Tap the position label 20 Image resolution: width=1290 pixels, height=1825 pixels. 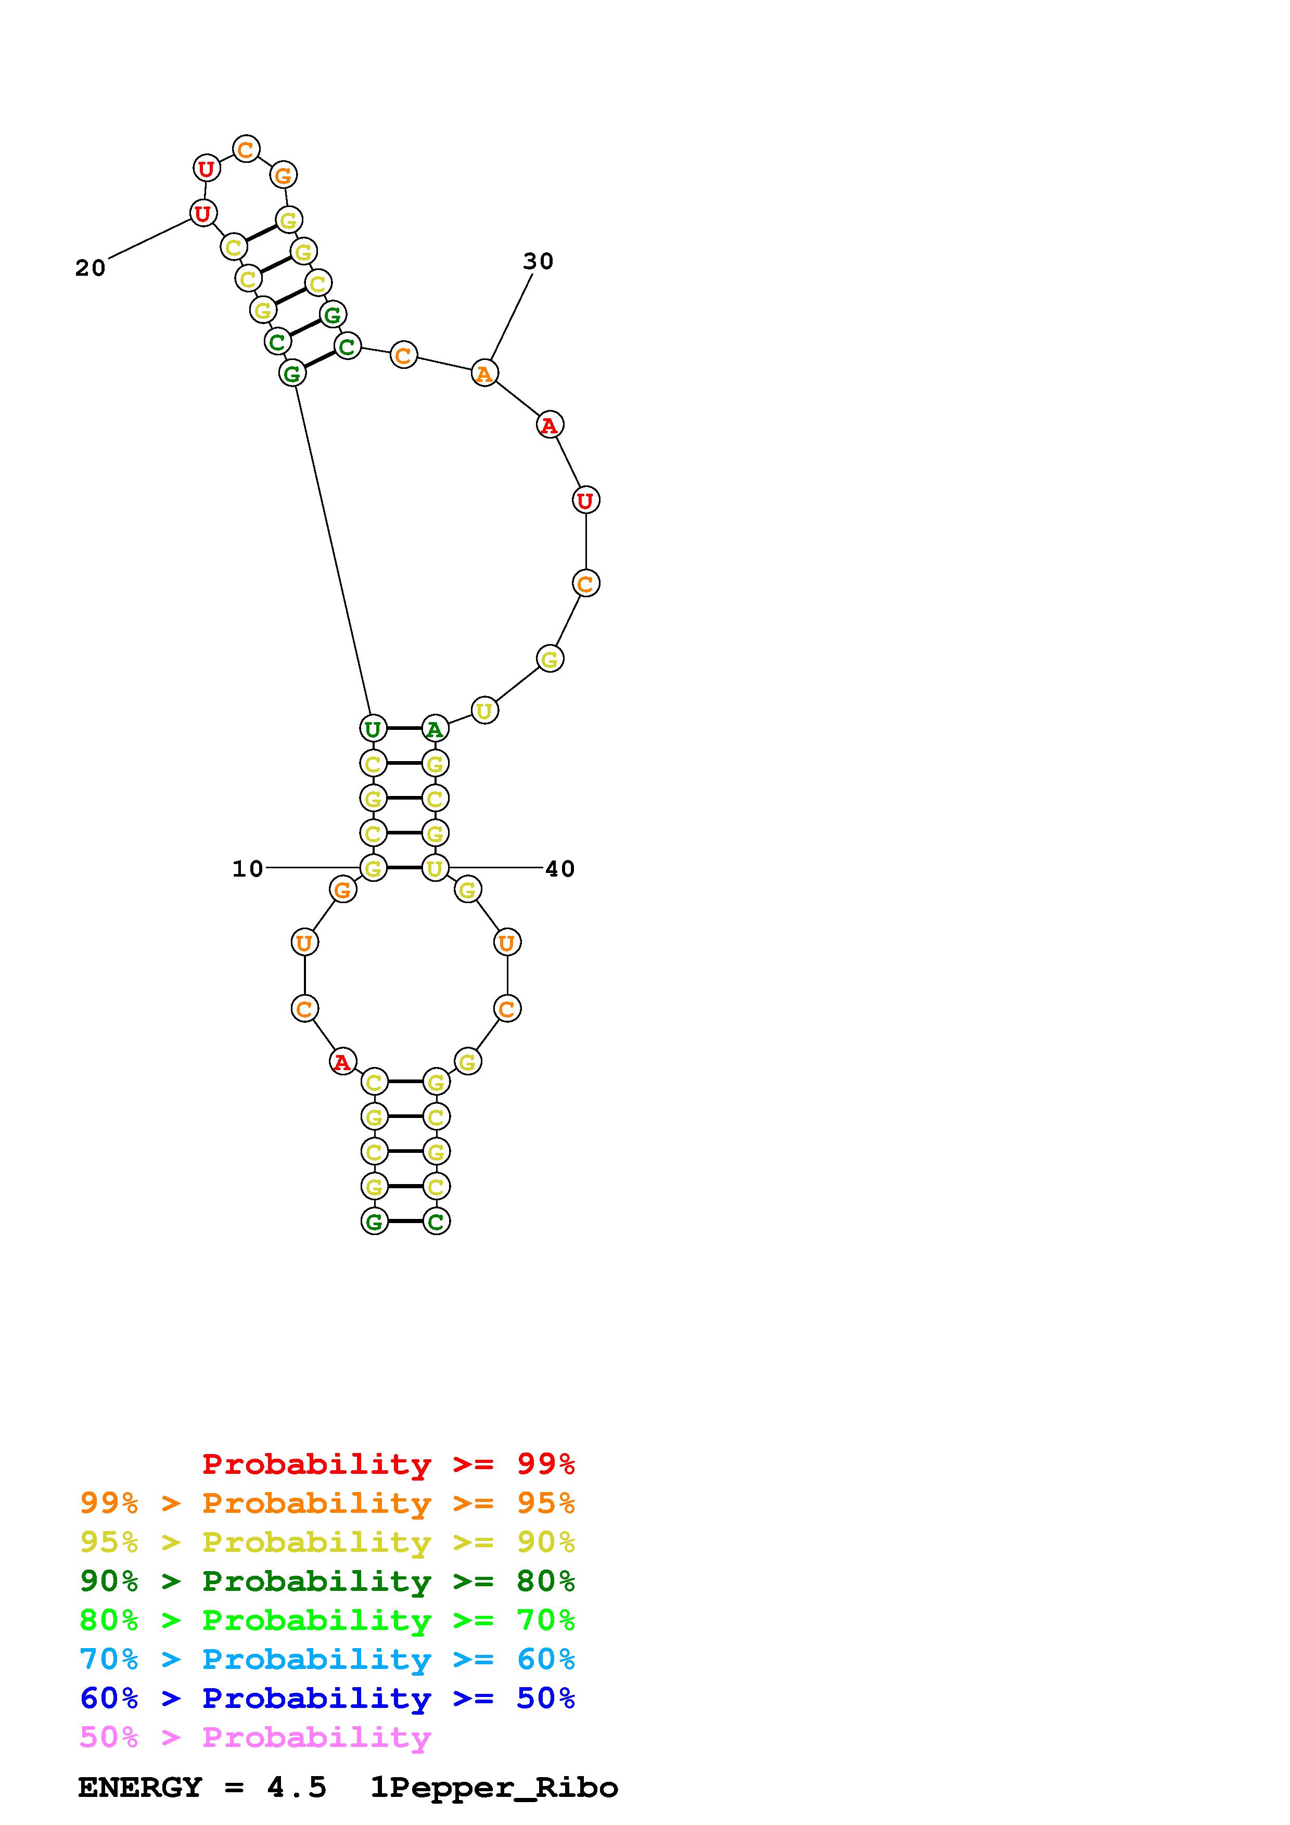pos(91,268)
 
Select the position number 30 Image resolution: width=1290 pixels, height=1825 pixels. pos(538,262)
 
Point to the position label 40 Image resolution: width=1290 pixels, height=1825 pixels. pos(559,869)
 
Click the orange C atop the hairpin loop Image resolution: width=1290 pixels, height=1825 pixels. pos(246,149)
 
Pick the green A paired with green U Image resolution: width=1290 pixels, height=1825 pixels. pos(435,728)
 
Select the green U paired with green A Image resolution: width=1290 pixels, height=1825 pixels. pos(373,728)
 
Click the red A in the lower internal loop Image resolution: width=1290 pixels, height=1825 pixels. pos(342,1061)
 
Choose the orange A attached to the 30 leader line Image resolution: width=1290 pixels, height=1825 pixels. pos(484,373)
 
